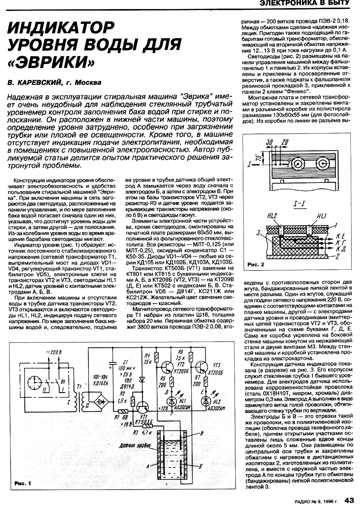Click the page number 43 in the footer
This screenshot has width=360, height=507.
click(x=349, y=500)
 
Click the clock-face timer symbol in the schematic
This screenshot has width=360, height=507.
click(x=35, y=382)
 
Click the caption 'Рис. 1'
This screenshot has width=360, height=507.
click(x=23, y=483)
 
